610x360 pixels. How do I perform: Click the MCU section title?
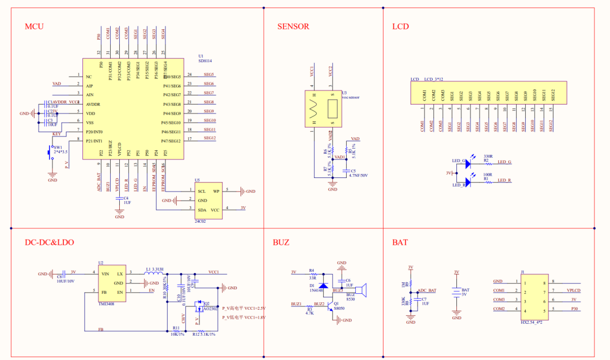[x=34, y=27]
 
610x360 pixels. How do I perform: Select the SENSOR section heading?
[x=293, y=27]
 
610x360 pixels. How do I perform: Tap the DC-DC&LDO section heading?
[x=49, y=242]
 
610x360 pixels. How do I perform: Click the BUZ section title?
[x=281, y=242]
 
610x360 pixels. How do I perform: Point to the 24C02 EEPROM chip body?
[x=208, y=200]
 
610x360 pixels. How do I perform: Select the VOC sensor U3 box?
[x=324, y=107]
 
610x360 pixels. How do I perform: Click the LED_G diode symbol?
[x=467, y=162]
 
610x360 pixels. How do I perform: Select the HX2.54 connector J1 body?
[x=533, y=296]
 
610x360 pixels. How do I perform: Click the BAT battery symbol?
[x=456, y=293]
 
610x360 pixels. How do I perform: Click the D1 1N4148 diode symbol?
[x=324, y=286]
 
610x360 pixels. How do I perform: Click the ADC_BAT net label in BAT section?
[x=427, y=290]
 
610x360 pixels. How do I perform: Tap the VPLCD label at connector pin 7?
[x=573, y=290]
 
